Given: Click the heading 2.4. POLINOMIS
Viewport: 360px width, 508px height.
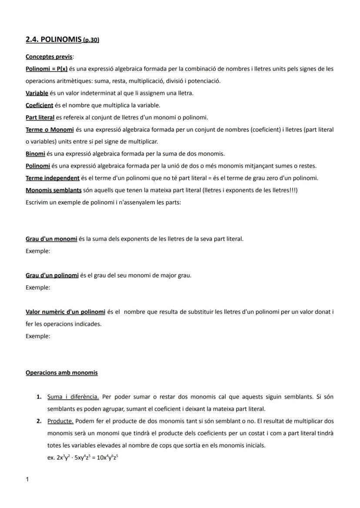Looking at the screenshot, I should pos(53,40).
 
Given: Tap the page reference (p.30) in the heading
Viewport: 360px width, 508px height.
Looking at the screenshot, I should pos(91,40).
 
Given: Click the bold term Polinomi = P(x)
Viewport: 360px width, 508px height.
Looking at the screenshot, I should pos(47,69).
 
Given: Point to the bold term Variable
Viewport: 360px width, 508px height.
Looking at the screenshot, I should pos(37,93).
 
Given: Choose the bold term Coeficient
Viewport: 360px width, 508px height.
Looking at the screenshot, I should pos(39,105).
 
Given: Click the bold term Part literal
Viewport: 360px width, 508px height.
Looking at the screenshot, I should pos(40,117).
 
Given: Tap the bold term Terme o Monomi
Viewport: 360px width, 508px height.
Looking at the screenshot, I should pos(50,129).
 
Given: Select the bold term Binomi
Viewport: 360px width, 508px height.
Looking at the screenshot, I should pos(35,154).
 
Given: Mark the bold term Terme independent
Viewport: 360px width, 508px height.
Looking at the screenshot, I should pos(53,178).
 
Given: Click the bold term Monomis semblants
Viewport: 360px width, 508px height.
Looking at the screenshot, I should pos(53,190).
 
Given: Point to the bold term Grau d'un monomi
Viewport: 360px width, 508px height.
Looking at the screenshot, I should pos(51,239).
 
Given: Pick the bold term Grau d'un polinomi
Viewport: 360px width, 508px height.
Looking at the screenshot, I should pos(52,276).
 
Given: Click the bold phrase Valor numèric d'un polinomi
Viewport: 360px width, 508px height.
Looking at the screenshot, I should pos(65,312).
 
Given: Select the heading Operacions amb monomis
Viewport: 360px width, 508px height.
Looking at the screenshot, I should pos(62,373).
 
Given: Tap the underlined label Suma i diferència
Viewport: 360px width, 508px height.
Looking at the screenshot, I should pos(73,397).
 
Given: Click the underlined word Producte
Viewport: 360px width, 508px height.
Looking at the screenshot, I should pos(60,421).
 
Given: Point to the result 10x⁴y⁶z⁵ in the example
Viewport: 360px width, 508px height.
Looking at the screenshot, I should pos(104,458).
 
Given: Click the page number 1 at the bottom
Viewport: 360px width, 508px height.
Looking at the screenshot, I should pos(27,479).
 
